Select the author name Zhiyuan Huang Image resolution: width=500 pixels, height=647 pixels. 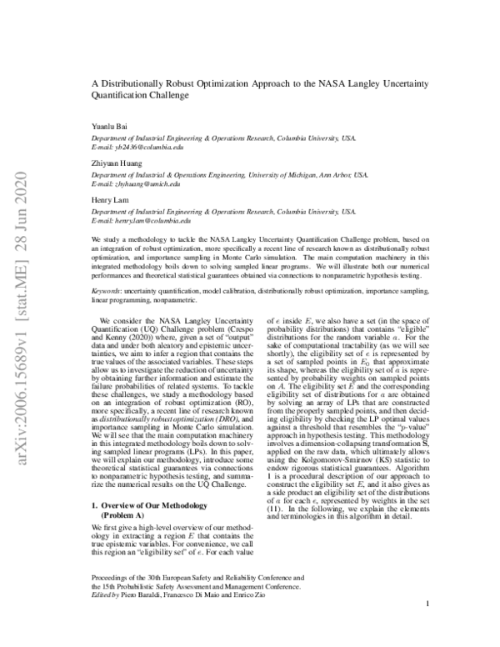[116, 164]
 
